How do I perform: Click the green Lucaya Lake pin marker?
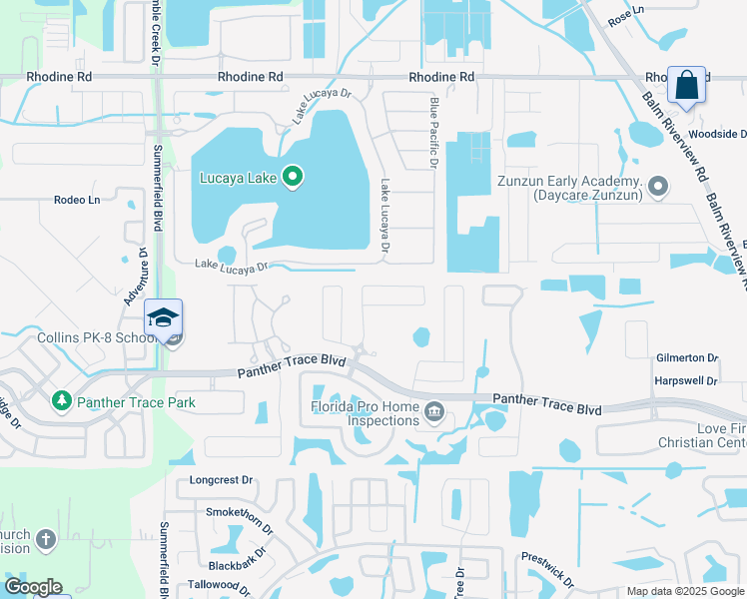pos(293,178)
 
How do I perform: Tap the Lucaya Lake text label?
pos(237,179)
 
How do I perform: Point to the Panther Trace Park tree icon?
pos(62,400)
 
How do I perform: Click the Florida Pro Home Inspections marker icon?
pos(434,410)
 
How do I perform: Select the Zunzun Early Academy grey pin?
pos(658,186)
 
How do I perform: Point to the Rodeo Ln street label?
pos(77,200)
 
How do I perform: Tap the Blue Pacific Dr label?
pos(434,131)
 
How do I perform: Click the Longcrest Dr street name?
pos(221,480)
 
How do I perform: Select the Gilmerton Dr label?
pos(687,357)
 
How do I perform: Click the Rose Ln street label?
pos(620,17)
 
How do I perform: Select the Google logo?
pos(33,587)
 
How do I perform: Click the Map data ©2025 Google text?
pos(684,591)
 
